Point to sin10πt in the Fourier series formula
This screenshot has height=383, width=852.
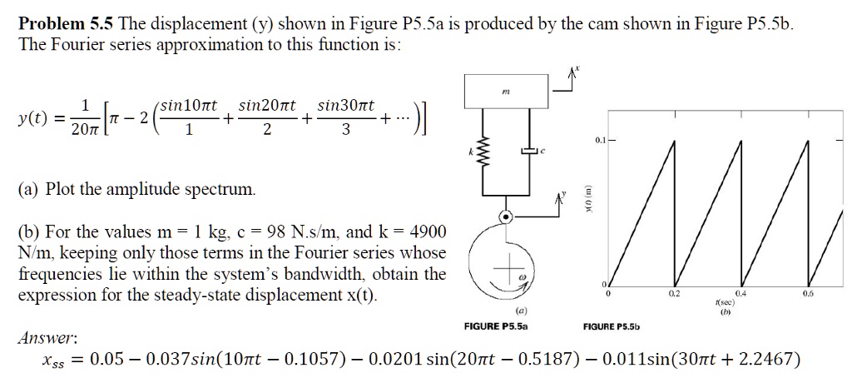point(189,107)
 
